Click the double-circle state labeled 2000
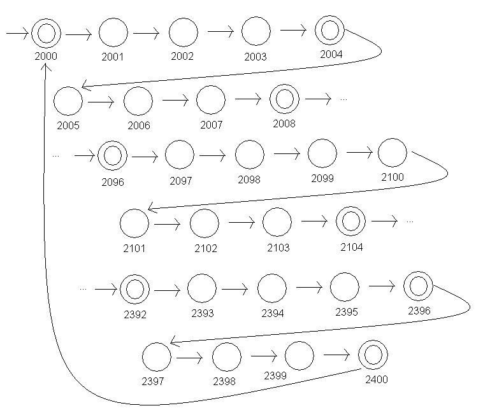(x=47, y=32)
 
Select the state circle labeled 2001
(x=113, y=32)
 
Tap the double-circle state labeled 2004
(x=329, y=29)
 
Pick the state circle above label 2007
(x=211, y=100)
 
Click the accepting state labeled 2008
(x=284, y=99)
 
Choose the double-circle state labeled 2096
(x=113, y=155)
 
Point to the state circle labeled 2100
(x=392, y=153)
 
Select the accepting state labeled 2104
(x=350, y=221)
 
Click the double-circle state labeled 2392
(x=134, y=289)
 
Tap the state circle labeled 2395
(x=345, y=286)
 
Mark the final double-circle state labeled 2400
(x=373, y=353)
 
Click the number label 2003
(x=255, y=57)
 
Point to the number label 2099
(x=322, y=178)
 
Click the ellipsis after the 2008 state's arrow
(x=344, y=99)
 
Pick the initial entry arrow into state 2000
(x=17, y=33)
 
